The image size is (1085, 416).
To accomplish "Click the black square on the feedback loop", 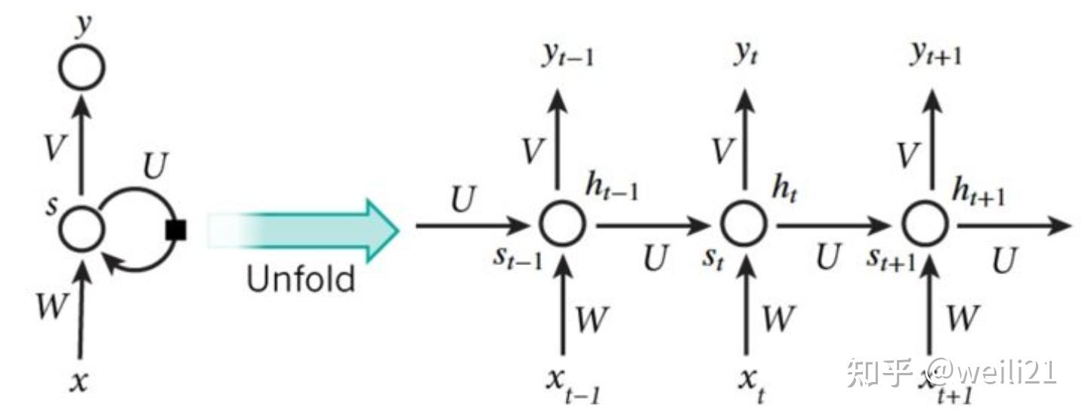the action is click(175, 230).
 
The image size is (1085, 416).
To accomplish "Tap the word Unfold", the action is click(301, 279).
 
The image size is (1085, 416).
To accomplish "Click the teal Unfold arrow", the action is click(304, 231).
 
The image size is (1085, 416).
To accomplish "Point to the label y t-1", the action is click(568, 55).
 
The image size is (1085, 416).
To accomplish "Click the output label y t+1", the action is click(936, 54).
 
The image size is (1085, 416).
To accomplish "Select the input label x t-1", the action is click(573, 386).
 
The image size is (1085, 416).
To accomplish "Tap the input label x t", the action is click(753, 386).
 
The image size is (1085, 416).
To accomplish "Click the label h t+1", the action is click(978, 192).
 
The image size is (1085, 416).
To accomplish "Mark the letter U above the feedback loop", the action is click(156, 165).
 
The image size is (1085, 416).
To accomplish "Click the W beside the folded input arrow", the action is click(51, 306).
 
